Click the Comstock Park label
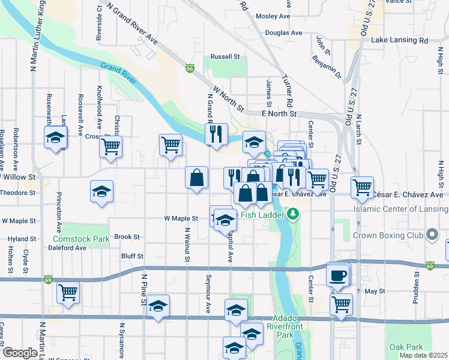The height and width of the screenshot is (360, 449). pyautogui.click(x=85, y=239)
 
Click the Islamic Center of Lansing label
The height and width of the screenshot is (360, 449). pyautogui.click(x=401, y=209)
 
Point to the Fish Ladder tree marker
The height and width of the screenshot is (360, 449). pyautogui.click(x=293, y=214)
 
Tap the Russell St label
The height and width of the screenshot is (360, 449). pyautogui.click(x=225, y=57)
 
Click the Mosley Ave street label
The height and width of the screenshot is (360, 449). pyautogui.click(x=273, y=16)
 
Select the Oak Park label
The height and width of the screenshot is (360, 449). pyautogui.click(x=406, y=347)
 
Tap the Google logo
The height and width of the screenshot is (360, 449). pyautogui.click(x=19, y=353)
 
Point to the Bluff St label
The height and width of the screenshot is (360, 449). pyautogui.click(x=132, y=256)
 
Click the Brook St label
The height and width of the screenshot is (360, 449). pyautogui.click(x=126, y=237)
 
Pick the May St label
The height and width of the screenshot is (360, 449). pyautogui.click(x=374, y=291)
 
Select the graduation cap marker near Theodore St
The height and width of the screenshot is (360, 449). pyautogui.click(x=101, y=191)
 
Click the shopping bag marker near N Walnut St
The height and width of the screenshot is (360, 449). pyautogui.click(x=196, y=178)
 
